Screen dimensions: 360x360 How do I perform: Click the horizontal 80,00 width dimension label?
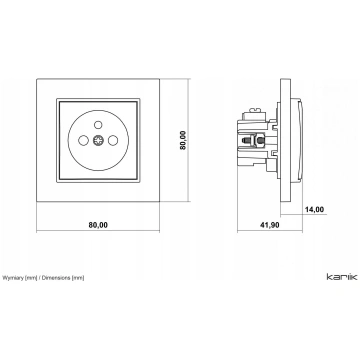pos(98,225)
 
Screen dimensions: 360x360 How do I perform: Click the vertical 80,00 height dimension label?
pos(183,140)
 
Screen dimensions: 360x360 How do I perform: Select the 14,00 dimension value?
pos(314,209)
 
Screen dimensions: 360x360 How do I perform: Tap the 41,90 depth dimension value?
pos(269,225)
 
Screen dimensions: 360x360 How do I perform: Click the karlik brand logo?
pos(342,277)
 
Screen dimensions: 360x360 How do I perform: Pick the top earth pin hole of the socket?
pos(98,125)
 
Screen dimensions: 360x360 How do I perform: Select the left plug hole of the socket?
pos(83,140)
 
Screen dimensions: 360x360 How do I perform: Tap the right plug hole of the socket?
pos(113,140)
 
